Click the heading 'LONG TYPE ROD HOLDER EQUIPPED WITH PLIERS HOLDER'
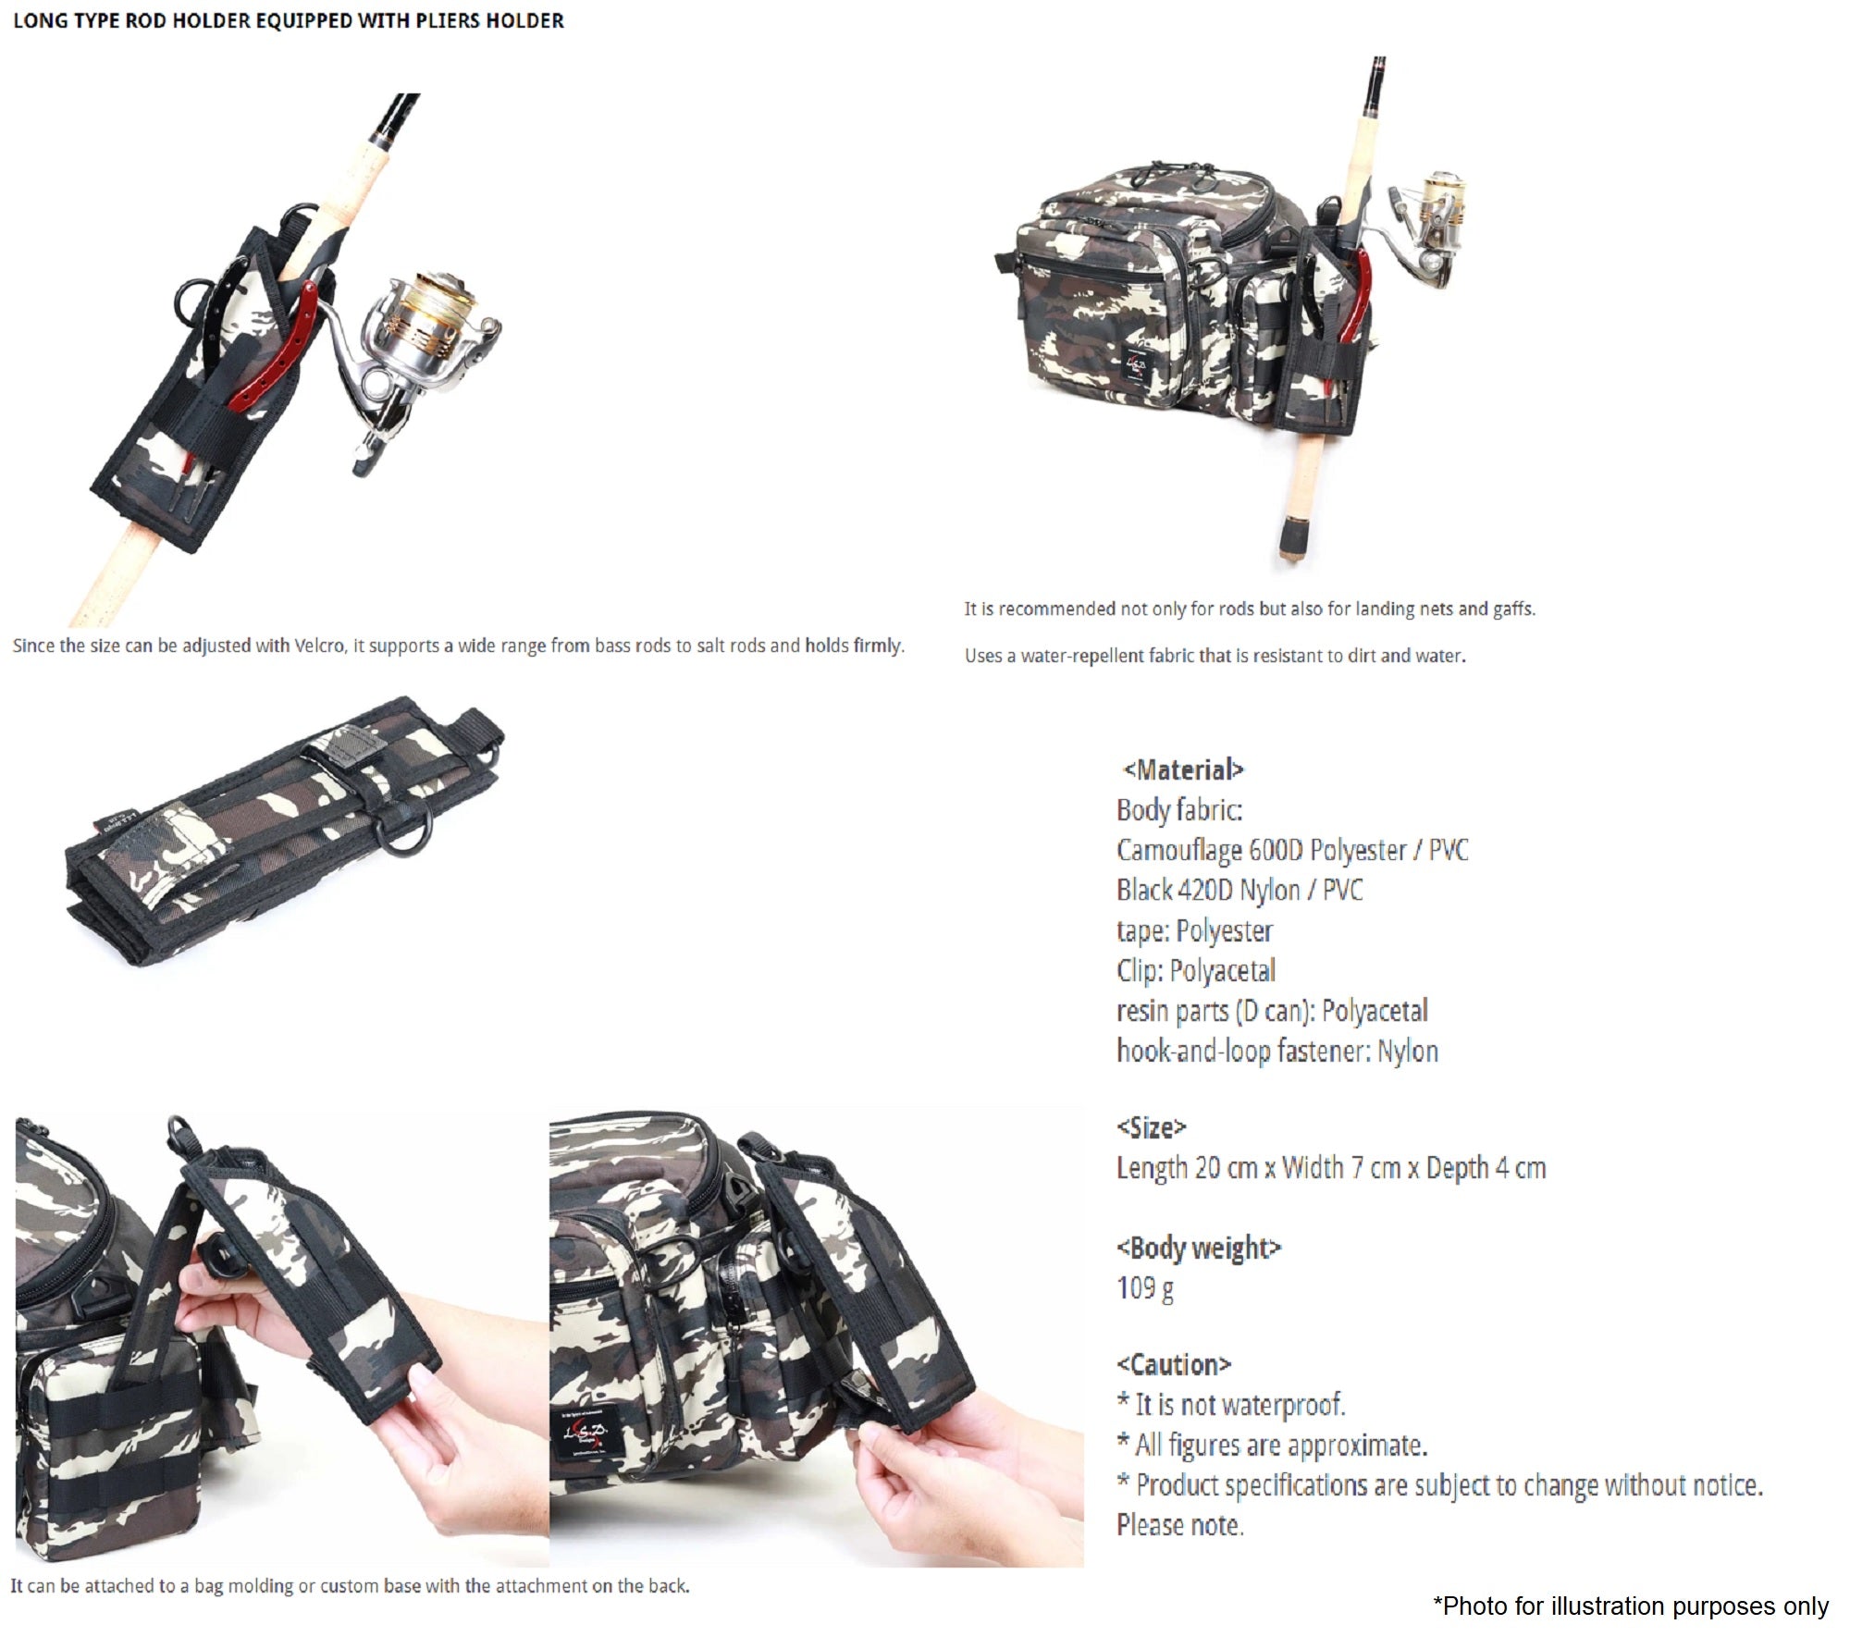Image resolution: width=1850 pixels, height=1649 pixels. [288, 20]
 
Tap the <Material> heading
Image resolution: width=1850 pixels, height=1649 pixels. [1183, 769]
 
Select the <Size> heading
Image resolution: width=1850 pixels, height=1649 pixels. [1151, 1127]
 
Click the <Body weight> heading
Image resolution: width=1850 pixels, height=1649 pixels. [1198, 1248]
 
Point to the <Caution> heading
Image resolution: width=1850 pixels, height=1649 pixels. [1173, 1364]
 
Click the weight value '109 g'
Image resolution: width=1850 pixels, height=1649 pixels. [1145, 1287]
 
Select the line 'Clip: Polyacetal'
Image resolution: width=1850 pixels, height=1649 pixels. [1195, 970]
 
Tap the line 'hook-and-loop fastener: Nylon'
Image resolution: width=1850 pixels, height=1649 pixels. [1276, 1051]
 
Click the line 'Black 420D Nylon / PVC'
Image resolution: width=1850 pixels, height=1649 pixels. [1239, 890]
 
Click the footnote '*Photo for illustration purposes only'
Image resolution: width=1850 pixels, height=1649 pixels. [1630, 1606]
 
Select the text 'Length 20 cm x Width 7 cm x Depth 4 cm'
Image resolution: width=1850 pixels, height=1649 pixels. [1330, 1168]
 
